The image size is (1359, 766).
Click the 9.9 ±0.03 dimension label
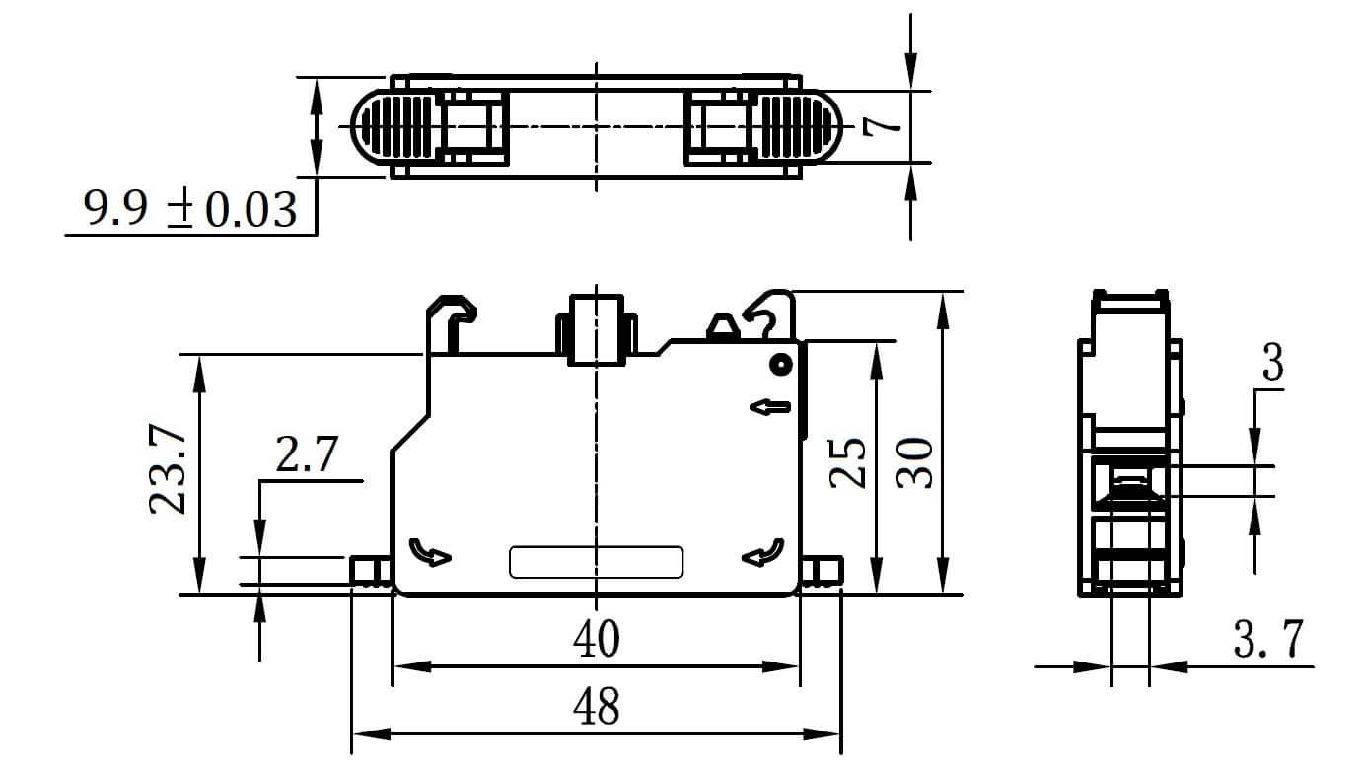click(190, 209)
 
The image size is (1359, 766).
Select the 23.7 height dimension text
click(168, 469)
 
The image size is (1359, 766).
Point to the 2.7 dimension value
click(307, 454)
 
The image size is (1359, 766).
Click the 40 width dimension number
click(597, 639)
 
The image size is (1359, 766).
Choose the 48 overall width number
click(597, 706)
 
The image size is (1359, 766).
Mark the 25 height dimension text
click(847, 462)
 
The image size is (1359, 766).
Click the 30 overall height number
click(914, 462)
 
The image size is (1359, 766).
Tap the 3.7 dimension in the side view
click(1268, 639)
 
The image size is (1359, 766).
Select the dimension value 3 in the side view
click(1273, 362)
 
